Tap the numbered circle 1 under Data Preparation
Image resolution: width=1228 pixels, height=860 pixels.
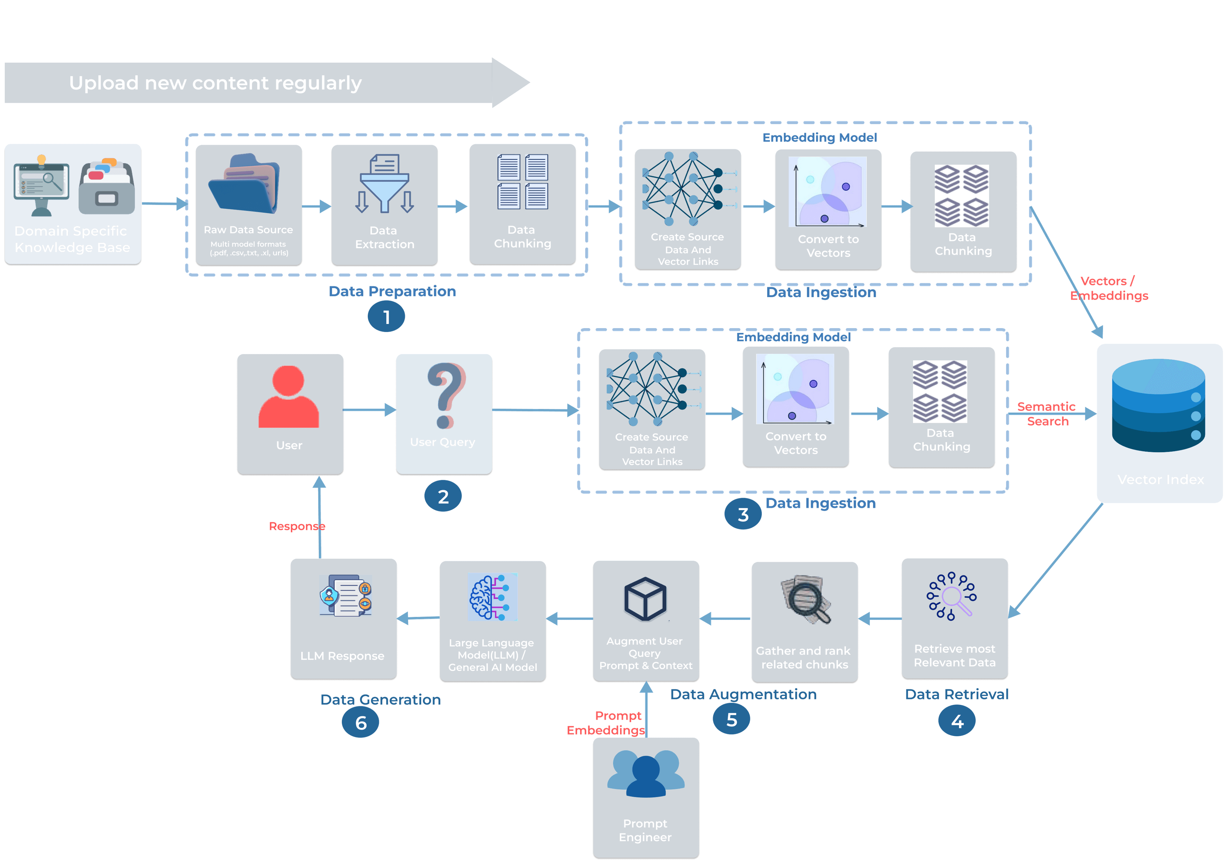point(386,317)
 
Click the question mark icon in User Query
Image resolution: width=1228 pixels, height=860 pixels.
point(445,396)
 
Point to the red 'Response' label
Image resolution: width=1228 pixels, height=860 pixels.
point(297,526)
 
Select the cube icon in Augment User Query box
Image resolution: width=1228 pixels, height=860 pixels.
point(645,599)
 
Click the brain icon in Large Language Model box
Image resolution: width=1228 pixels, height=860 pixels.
point(492,597)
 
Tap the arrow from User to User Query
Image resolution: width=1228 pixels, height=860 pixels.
point(369,410)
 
